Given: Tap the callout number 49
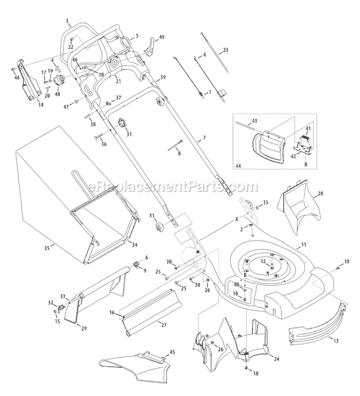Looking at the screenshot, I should click(162, 37).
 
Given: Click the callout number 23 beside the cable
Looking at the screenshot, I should click(226, 50).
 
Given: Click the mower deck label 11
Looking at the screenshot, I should click(303, 245).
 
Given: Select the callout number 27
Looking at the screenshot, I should click(164, 325).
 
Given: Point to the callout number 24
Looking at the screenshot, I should click(276, 358).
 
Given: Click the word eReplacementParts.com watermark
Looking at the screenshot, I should click(180, 186).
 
